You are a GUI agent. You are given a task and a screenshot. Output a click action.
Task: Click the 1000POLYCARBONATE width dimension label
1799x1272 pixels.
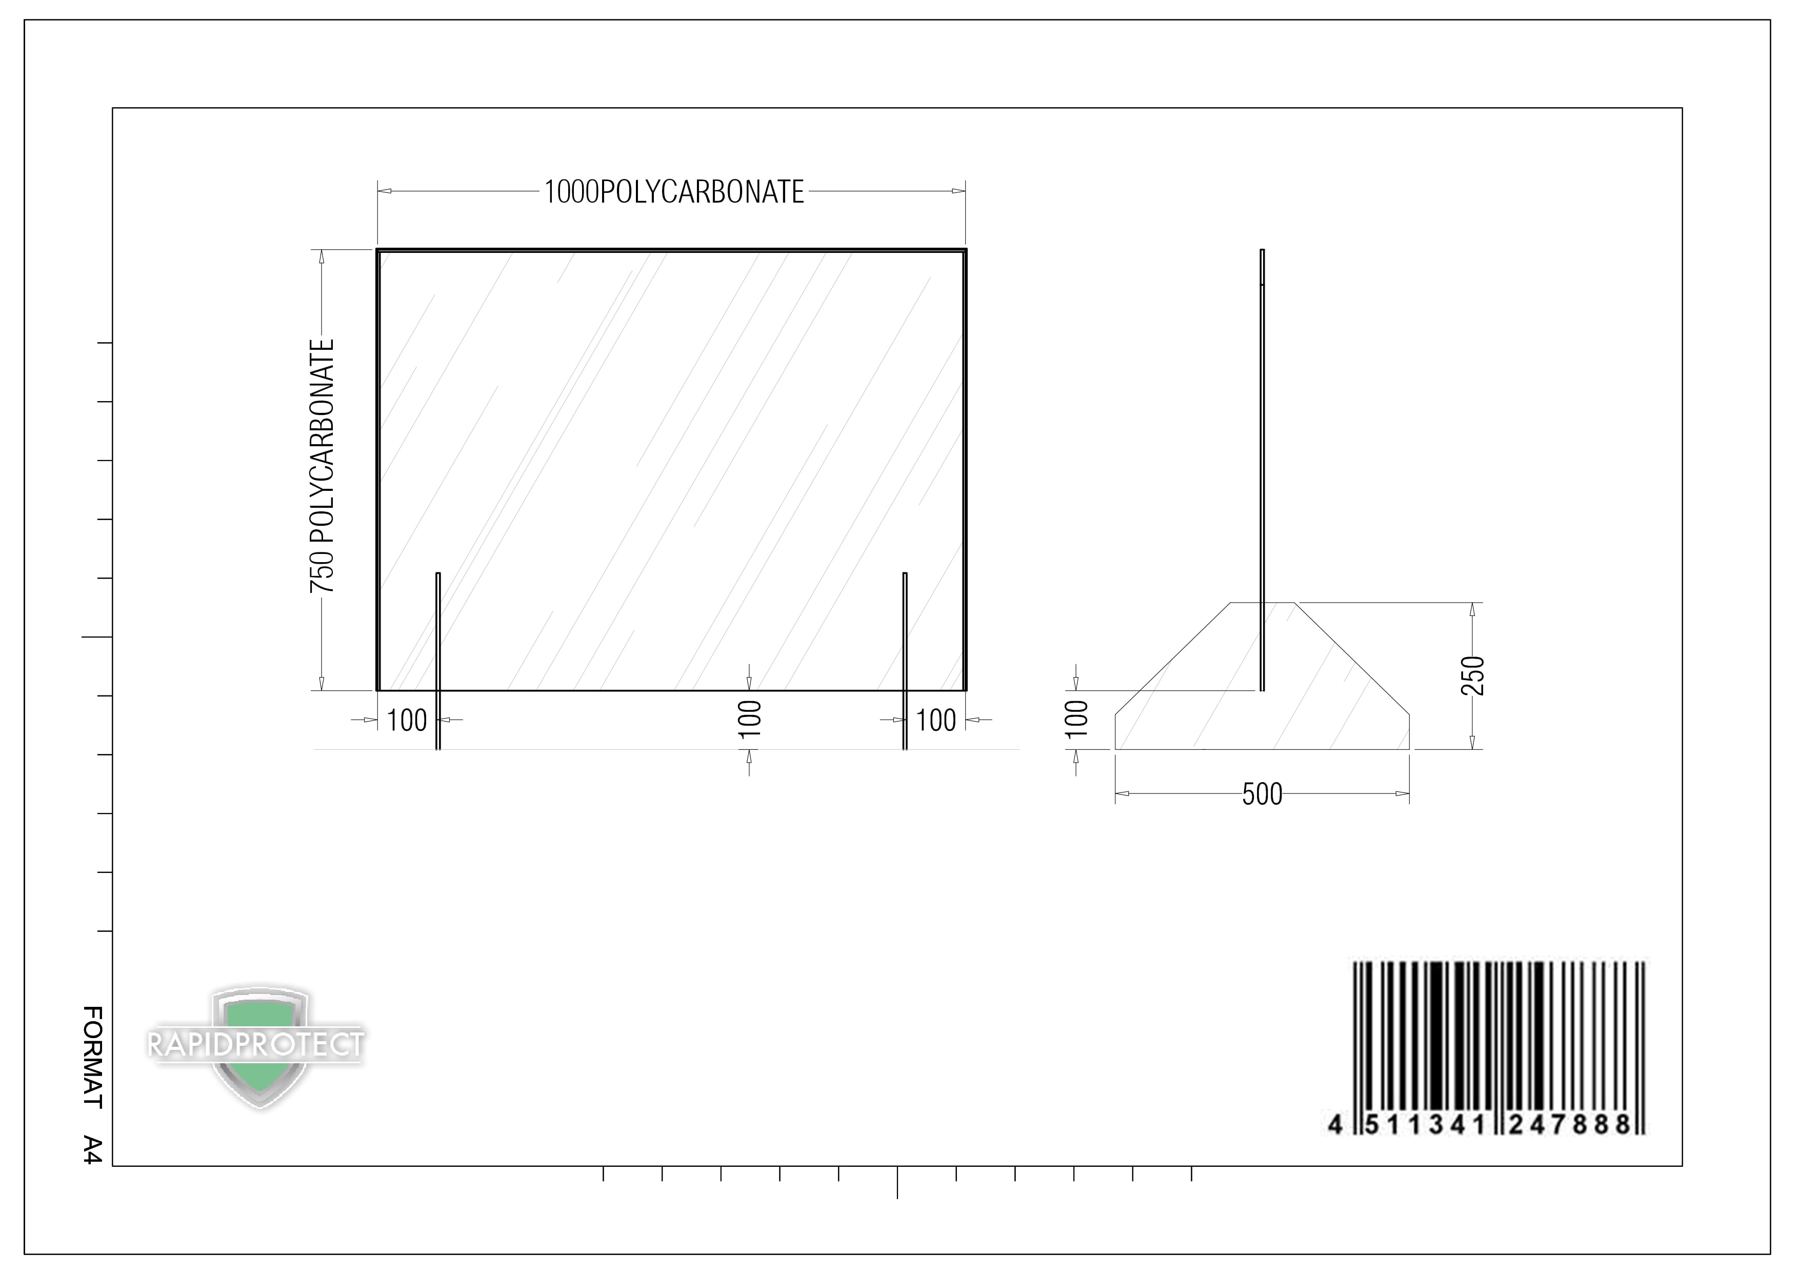click(x=674, y=192)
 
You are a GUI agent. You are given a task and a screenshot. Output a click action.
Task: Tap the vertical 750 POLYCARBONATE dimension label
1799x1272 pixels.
click(x=322, y=466)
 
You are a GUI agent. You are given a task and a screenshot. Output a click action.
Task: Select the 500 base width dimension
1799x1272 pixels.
click(x=1262, y=794)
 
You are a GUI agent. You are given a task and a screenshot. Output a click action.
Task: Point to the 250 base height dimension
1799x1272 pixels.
click(x=1473, y=675)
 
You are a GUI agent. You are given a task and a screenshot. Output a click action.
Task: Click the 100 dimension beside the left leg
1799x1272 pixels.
click(x=407, y=720)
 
